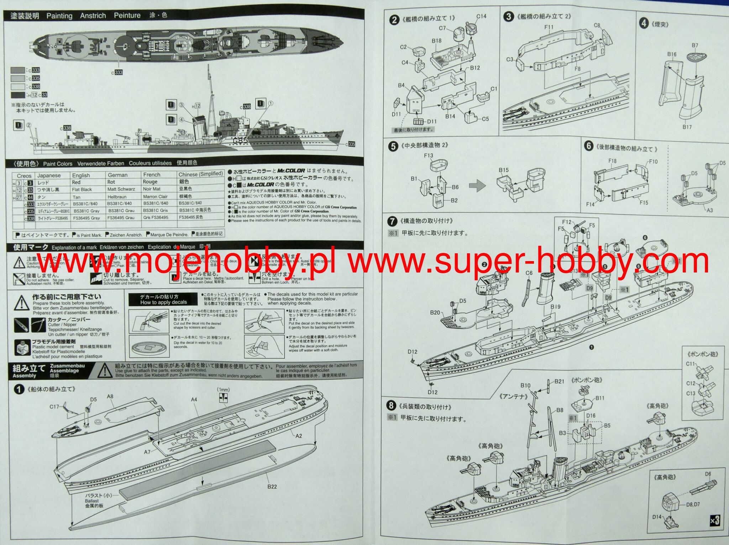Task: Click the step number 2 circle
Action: [394, 20]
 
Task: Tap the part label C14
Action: [481, 16]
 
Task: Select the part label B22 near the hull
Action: [272, 487]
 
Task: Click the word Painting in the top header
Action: [59, 16]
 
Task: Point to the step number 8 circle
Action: [391, 406]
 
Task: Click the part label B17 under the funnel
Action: [687, 127]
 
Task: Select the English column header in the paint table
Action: [81, 175]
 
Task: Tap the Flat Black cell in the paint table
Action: [82, 190]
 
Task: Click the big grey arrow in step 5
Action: [477, 185]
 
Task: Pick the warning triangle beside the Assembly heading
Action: [105, 371]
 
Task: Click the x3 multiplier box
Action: [714, 520]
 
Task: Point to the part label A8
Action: [110, 397]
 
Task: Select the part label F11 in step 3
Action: [549, 27]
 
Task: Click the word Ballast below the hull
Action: [92, 501]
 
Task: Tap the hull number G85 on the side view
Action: [240, 141]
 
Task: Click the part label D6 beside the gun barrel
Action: [708, 474]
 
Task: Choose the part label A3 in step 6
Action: [709, 210]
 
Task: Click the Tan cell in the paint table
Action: [77, 197]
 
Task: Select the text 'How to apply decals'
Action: [163, 302]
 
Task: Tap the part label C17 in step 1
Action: [54, 407]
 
